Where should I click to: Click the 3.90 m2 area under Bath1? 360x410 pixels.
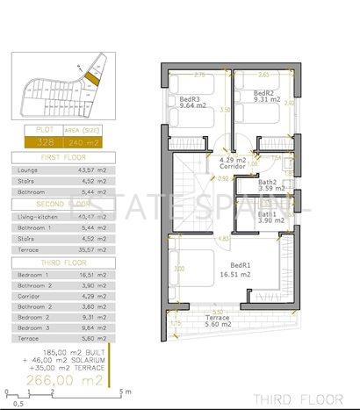(x=270, y=220)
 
